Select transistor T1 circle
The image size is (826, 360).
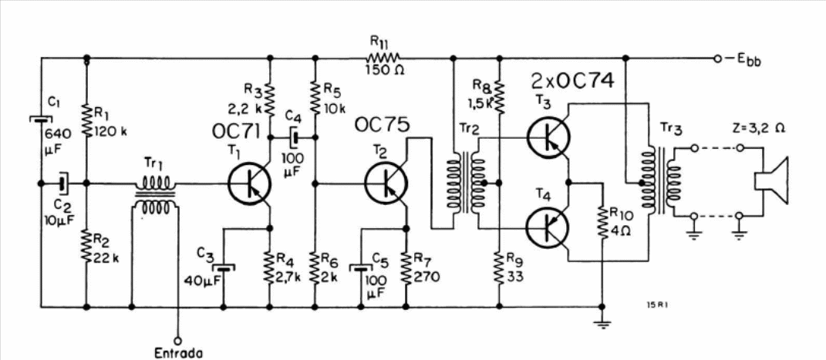(x=250, y=183)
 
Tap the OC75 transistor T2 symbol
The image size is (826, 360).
(x=386, y=183)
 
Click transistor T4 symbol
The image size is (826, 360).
(x=548, y=227)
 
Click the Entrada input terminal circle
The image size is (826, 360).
(x=178, y=340)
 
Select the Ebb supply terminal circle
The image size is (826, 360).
(x=717, y=58)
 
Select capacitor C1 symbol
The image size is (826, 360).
(x=41, y=119)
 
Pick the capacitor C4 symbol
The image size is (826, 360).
(x=295, y=138)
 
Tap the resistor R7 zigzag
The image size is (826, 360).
(x=406, y=267)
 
